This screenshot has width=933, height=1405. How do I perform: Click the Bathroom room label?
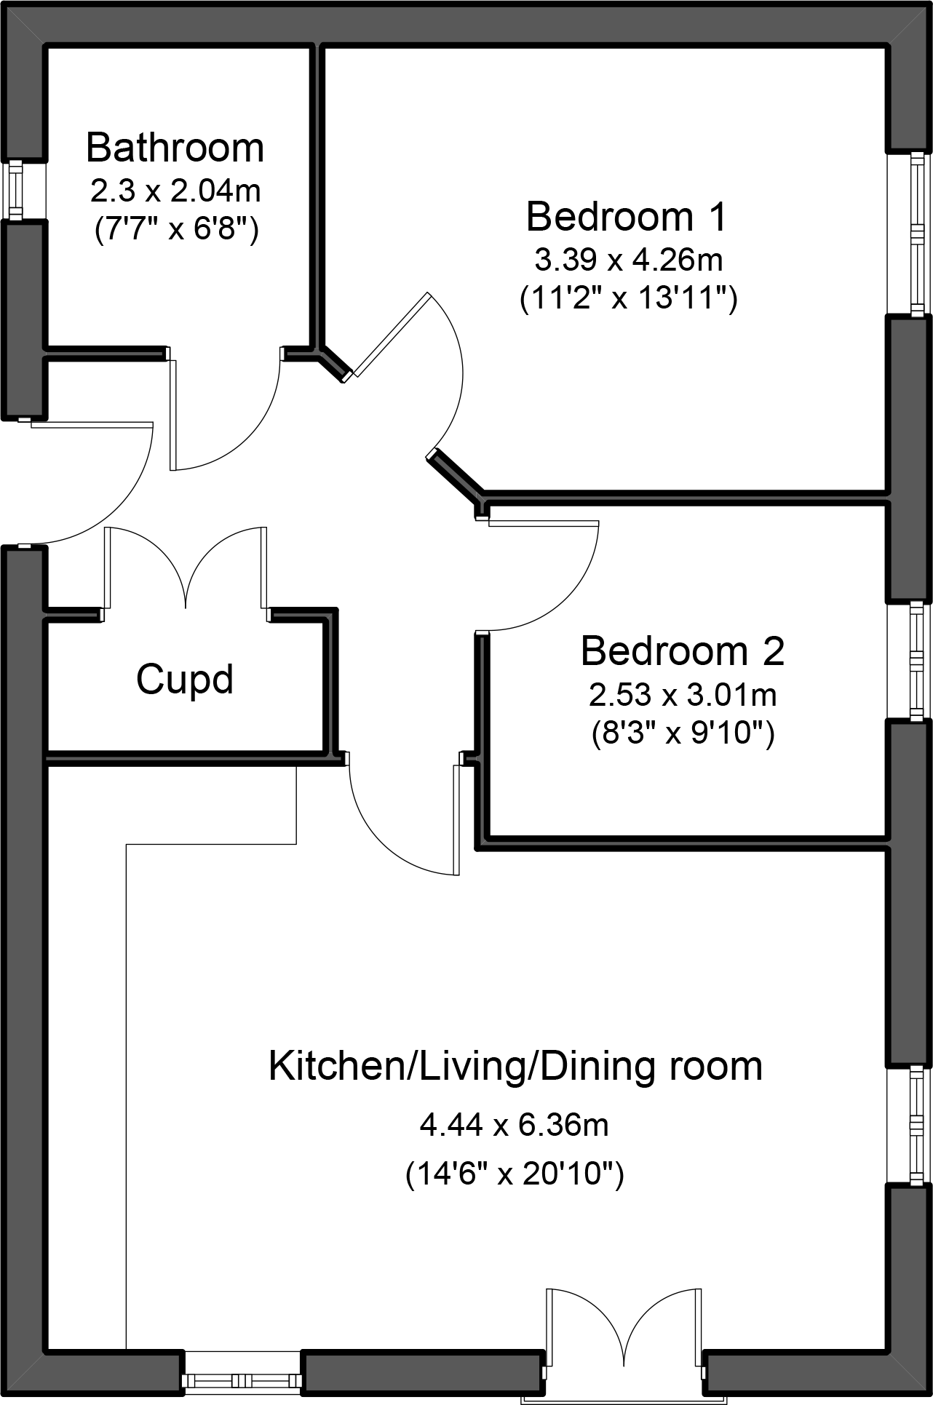[175, 147]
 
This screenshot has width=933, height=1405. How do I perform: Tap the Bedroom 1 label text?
[626, 217]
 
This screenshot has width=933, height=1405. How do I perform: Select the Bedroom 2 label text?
[683, 650]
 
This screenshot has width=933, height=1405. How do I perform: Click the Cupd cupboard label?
[185, 680]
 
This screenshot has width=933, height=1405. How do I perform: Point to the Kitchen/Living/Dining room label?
[515, 1067]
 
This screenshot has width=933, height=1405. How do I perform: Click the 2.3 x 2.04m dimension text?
[175, 191]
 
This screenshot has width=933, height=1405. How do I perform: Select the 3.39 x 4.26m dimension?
[628, 259]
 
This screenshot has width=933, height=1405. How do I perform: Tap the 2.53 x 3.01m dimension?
[683, 695]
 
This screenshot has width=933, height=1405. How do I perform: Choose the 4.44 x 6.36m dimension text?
[515, 1126]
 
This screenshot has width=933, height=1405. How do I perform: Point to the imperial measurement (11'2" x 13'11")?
[629, 298]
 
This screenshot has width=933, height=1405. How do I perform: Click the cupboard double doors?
[186, 568]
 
